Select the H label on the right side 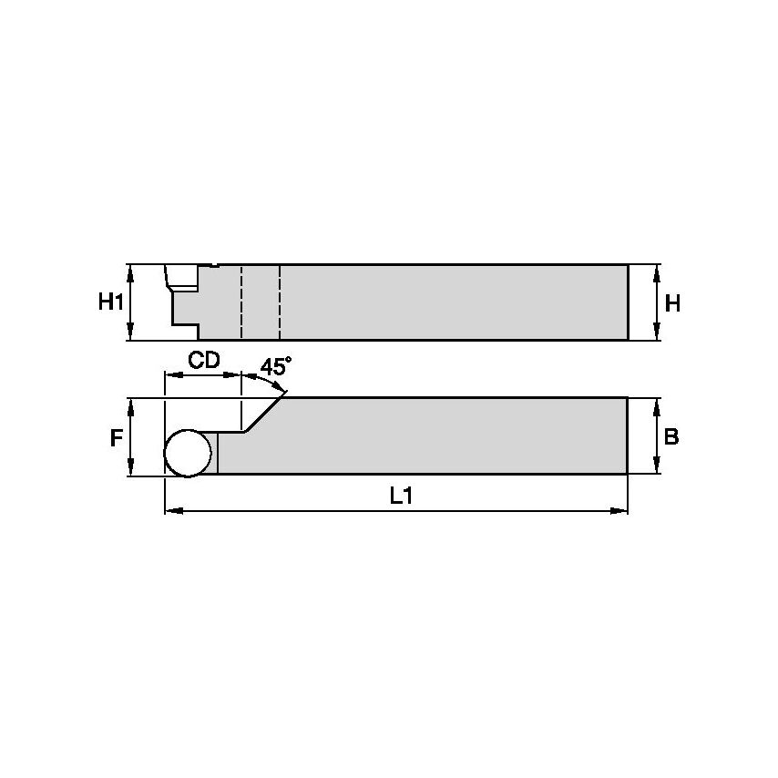click(x=672, y=304)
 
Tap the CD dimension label click(x=204, y=360)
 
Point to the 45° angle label click(x=275, y=366)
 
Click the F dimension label click(x=116, y=438)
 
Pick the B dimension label click(x=671, y=437)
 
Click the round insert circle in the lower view click(x=188, y=453)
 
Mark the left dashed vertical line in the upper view click(x=241, y=302)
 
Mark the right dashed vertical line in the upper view click(x=280, y=302)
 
